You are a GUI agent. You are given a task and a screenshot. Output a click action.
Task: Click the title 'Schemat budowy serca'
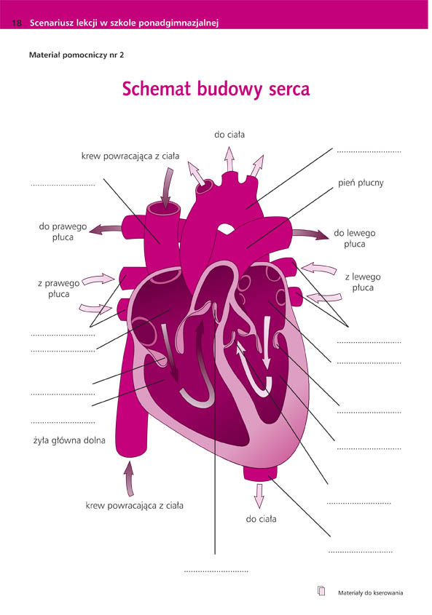pyautogui.click(x=216, y=89)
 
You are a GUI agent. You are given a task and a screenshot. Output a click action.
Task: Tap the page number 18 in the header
pyautogui.click(x=17, y=23)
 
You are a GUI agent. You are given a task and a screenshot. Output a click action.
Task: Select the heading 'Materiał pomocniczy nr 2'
pyautogui.click(x=76, y=55)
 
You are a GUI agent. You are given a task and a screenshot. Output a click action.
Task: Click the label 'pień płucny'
pyautogui.click(x=361, y=183)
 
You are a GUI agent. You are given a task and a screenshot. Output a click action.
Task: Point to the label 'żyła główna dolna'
pyautogui.click(x=69, y=440)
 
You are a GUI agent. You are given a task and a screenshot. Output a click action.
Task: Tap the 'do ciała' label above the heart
pyautogui.click(x=229, y=135)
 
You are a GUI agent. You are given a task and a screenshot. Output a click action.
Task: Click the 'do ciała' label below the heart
pyautogui.click(x=261, y=519)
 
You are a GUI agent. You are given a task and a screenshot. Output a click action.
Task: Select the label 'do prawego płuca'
pyautogui.click(x=63, y=231)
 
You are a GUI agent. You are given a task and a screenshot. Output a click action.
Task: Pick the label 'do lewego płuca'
pyautogui.click(x=355, y=239)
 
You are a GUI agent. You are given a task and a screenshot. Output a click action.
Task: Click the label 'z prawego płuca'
pyautogui.click(x=59, y=288)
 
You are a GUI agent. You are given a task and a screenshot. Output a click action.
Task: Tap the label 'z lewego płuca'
pyautogui.click(x=363, y=282)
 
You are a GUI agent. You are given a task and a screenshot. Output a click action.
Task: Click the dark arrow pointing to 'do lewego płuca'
pyautogui.click(x=310, y=234)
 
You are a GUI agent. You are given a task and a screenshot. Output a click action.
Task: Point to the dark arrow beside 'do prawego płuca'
pyautogui.click(x=105, y=229)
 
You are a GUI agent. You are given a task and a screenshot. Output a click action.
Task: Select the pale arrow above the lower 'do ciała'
pyautogui.click(x=259, y=496)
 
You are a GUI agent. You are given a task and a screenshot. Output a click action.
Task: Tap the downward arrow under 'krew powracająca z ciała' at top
pyautogui.click(x=167, y=188)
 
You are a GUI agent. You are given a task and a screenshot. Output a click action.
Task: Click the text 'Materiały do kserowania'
pyautogui.click(x=370, y=593)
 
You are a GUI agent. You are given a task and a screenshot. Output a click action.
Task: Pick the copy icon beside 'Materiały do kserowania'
pyautogui.click(x=321, y=591)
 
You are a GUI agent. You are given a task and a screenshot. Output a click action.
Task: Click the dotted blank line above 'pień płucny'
pyautogui.click(x=369, y=151)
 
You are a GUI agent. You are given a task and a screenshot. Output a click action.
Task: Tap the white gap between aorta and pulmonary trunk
pyautogui.click(x=225, y=228)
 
